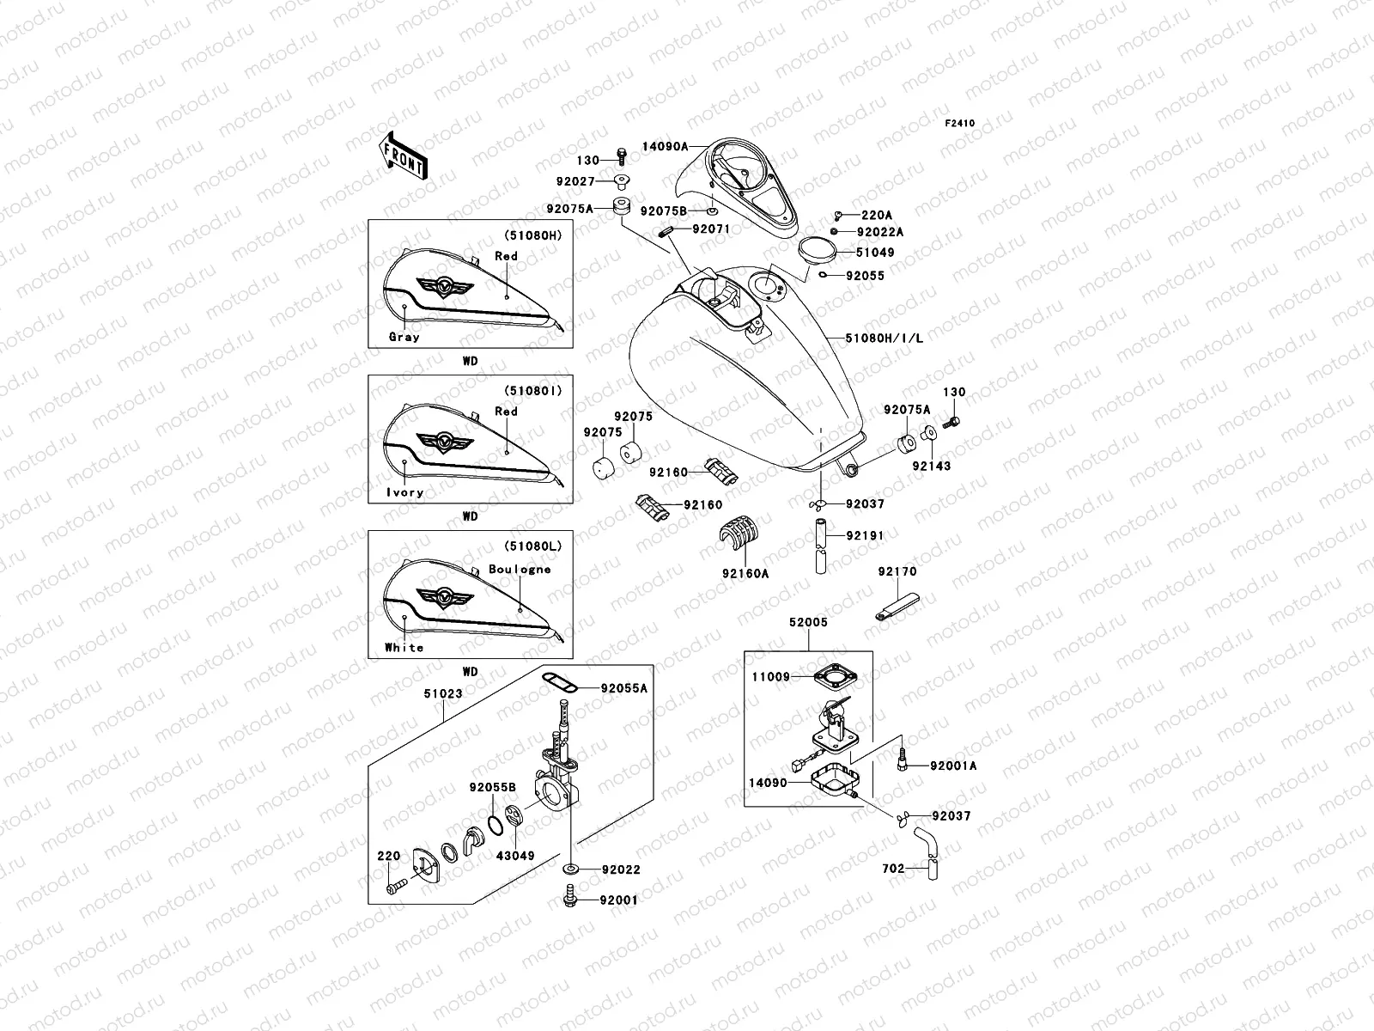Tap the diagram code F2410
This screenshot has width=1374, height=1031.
click(x=960, y=124)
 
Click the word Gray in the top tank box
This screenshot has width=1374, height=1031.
click(x=404, y=337)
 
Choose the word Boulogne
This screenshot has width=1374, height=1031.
click(x=520, y=569)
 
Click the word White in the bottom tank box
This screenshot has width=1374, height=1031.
click(x=404, y=647)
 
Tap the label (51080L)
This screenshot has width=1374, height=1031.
click(x=533, y=546)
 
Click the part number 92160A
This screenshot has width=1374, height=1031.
click(x=745, y=573)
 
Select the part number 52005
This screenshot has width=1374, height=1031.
click(x=808, y=621)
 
